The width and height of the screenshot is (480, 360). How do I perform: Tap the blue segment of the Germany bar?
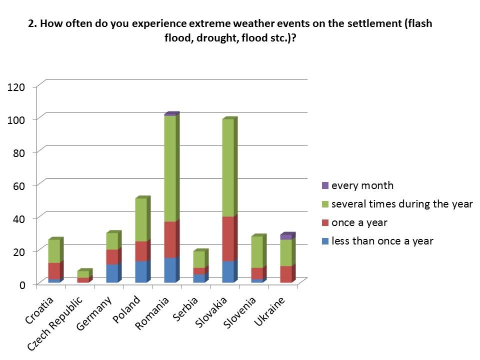pos(112,273)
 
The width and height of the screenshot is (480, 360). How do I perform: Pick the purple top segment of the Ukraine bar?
pos(286,237)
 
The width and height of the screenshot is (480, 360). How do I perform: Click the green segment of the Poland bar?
pos(141,219)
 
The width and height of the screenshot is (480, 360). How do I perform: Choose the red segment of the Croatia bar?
pos(54,270)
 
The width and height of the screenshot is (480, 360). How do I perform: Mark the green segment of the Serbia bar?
pos(199,259)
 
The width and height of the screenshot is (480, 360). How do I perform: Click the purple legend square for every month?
pos(325,185)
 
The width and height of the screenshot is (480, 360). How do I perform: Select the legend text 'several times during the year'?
pos(402,204)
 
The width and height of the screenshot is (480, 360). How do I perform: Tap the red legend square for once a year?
pos(325,222)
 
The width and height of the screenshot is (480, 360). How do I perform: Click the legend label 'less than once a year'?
pos(382,241)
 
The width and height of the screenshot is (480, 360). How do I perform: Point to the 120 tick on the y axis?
pos(15,87)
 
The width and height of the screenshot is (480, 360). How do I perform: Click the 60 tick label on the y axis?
pos(18,185)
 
